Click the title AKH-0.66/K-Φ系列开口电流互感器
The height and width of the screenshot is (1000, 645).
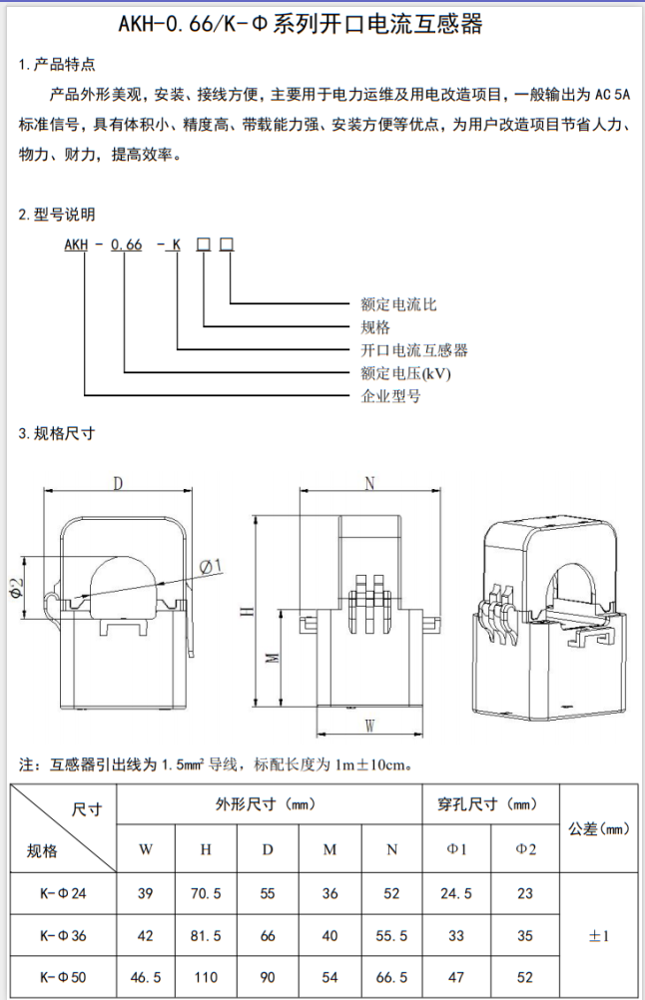322,24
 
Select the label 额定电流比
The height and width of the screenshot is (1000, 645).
398,303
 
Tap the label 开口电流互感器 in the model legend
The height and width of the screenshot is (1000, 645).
414,350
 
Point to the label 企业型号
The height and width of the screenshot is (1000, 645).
390,396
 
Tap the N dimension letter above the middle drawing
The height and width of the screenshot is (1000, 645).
369,484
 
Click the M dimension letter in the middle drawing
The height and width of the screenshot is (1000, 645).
271,658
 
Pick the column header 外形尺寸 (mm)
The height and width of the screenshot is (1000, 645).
267,803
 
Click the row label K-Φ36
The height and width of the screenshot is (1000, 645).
64,936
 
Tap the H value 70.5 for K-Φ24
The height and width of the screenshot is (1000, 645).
206,894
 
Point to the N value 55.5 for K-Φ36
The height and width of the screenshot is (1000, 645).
391,936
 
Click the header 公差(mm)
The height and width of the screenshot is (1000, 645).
600,828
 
